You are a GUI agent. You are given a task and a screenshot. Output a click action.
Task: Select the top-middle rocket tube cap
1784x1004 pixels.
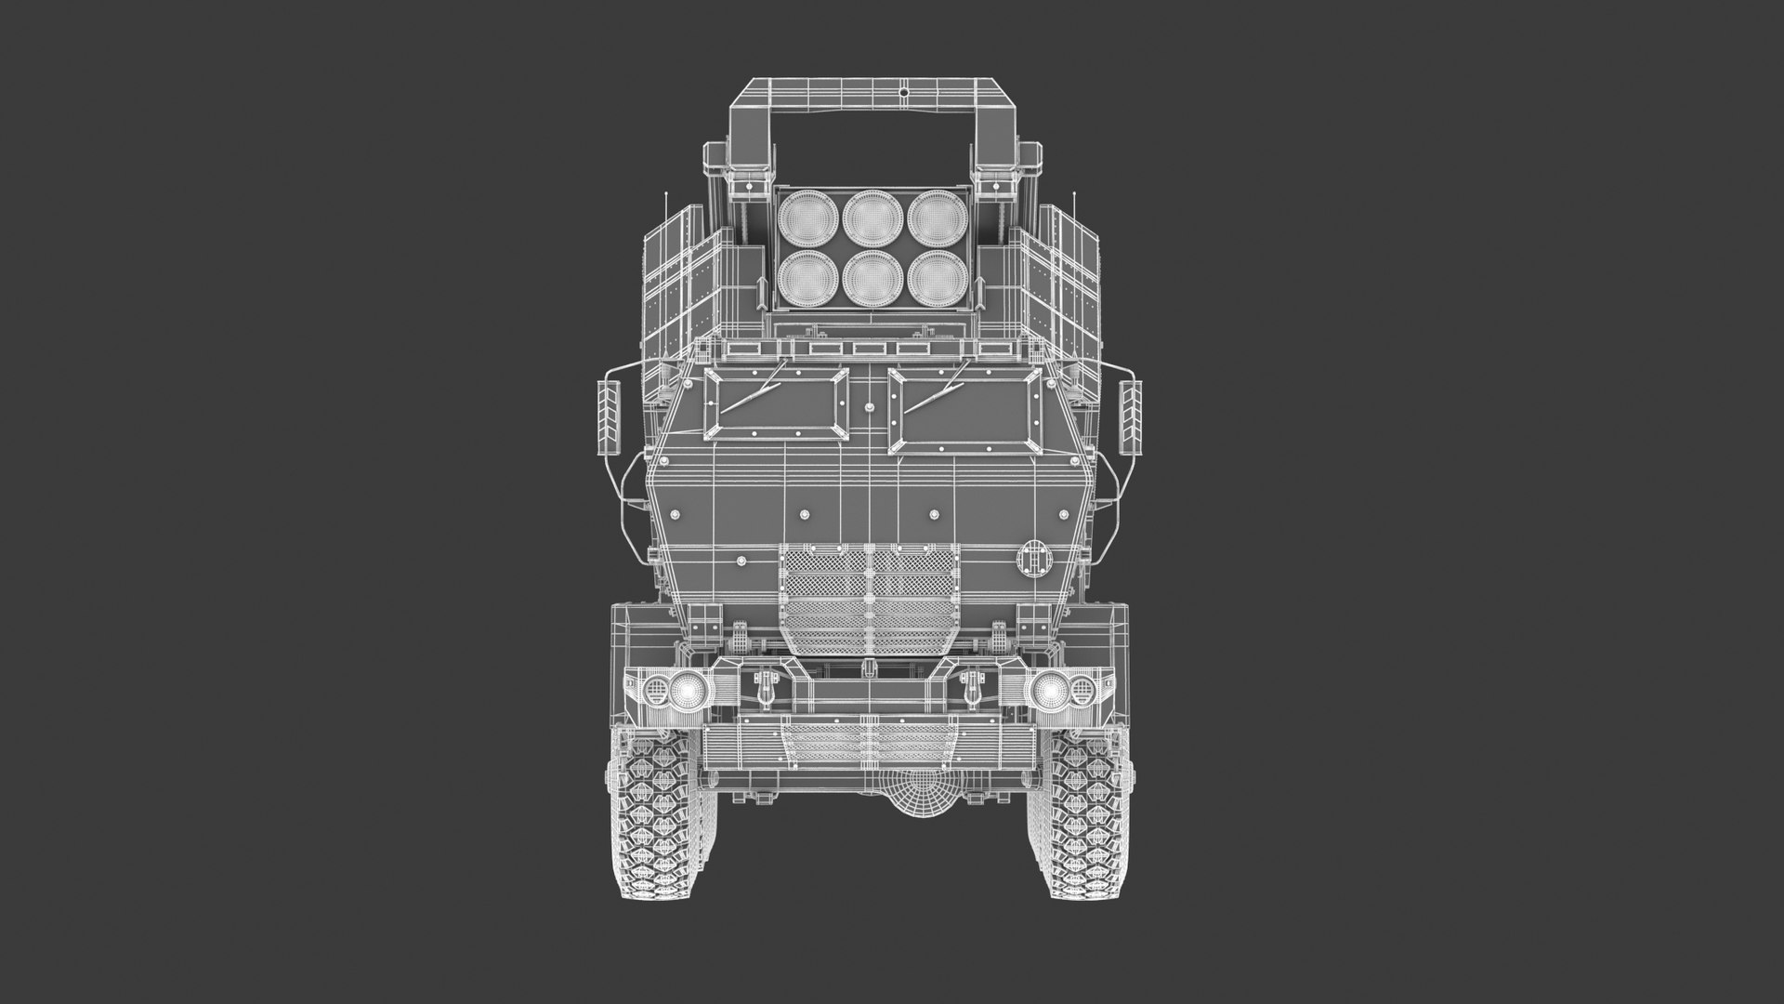(869, 214)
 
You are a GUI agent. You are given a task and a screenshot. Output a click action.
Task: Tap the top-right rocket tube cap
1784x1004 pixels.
(934, 214)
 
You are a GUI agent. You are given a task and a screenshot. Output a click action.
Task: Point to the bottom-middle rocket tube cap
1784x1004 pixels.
(869, 277)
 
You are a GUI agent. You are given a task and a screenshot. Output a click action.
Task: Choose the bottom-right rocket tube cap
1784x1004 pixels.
(934, 277)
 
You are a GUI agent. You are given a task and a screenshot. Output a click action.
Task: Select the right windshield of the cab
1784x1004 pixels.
(962, 402)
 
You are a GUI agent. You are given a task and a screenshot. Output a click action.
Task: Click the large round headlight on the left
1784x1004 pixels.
(689, 690)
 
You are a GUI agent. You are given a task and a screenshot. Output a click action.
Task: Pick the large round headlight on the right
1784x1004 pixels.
(1048, 690)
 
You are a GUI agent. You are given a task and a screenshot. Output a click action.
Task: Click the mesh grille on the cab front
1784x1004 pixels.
(869, 595)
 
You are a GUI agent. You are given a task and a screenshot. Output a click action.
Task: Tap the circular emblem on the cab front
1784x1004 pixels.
(1032, 559)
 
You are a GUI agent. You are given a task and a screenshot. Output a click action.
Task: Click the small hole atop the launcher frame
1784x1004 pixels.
(903, 93)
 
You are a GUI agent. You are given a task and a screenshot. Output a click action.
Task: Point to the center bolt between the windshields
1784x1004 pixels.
(869, 410)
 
